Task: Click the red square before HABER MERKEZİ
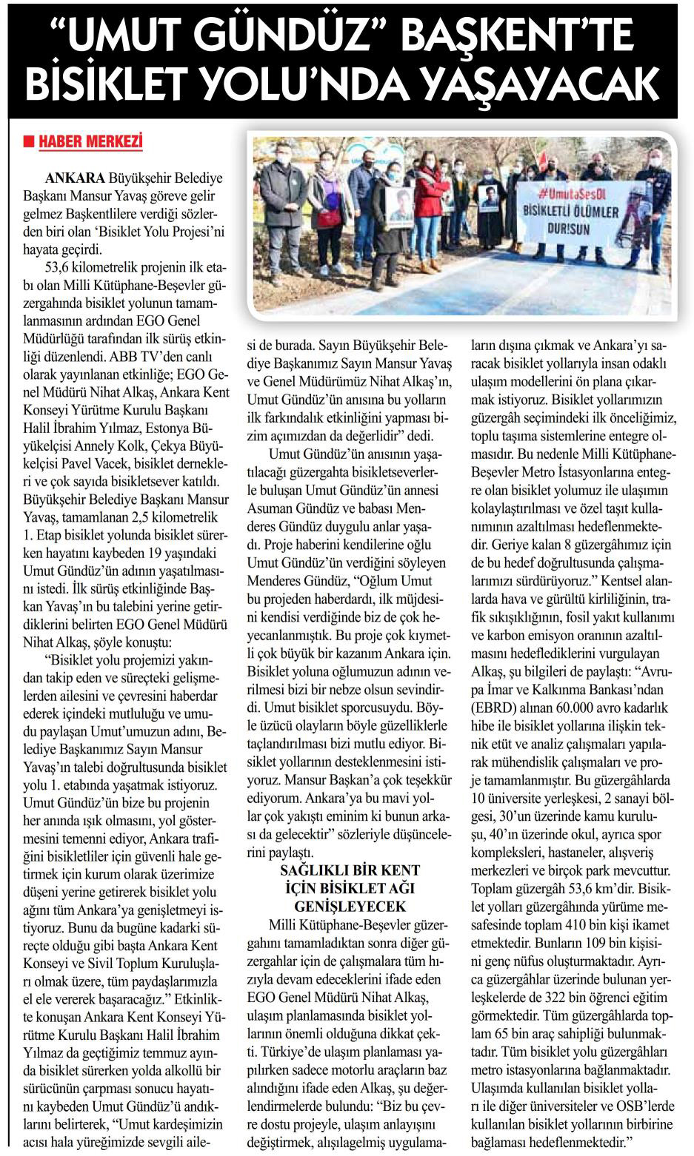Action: point(30,140)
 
